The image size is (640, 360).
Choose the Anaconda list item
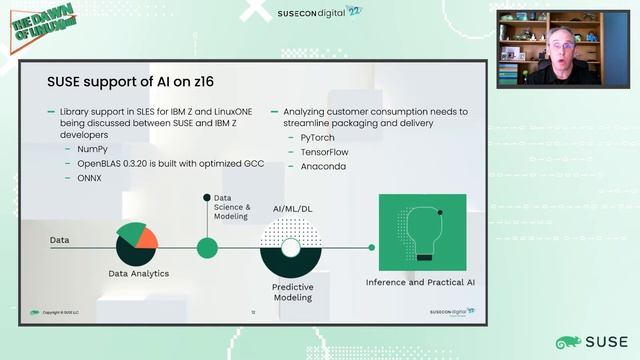pos(323,166)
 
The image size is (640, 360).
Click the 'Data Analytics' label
pos(138,273)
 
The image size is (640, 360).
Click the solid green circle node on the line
pos(207,247)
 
